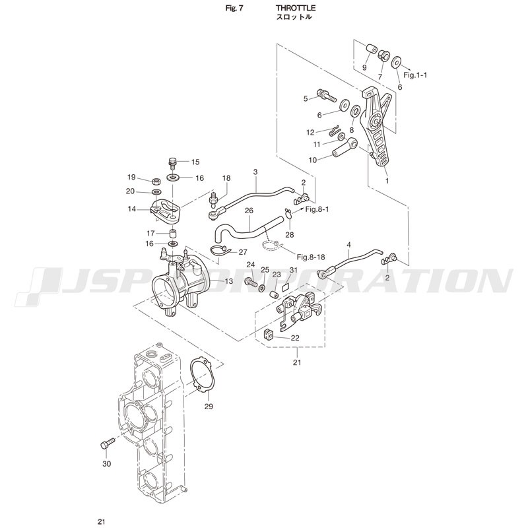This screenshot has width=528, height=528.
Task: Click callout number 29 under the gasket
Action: click(209, 407)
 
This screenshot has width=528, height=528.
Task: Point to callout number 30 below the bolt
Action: click(107, 463)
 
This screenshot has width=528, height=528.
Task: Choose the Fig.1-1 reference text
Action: click(416, 75)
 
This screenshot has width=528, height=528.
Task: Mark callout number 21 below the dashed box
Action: click(297, 362)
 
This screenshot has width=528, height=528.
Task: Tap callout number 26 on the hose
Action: click(249, 211)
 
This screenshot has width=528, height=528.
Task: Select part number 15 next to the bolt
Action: click(195, 162)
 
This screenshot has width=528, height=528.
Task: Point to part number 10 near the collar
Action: click(313, 160)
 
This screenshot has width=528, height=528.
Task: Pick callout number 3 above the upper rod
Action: click(255, 172)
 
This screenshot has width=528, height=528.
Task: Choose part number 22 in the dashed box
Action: click(295, 338)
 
